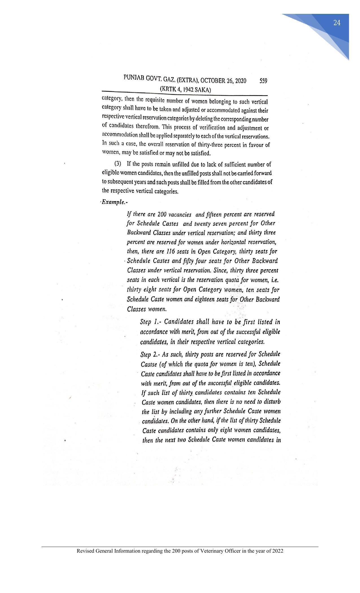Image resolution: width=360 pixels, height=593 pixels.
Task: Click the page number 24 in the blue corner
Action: [x=337, y=23]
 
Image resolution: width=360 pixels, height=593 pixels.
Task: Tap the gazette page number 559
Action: [x=263, y=81]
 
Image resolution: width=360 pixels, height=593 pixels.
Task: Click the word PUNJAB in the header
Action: [x=134, y=78]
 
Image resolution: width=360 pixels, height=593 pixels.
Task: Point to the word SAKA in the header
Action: [x=203, y=90]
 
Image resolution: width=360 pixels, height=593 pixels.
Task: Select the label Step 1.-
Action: [x=151, y=322]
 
